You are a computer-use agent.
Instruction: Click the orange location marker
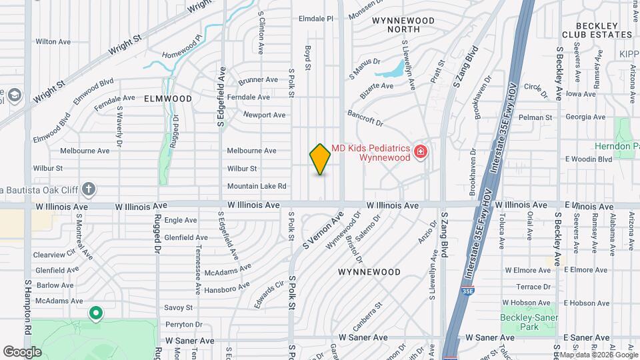tap(320, 159)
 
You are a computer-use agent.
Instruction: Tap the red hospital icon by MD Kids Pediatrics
tap(420, 153)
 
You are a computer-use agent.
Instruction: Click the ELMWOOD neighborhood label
tap(167, 99)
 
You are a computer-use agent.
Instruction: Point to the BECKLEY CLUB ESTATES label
tap(597, 29)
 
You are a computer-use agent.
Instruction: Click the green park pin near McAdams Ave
tap(95, 312)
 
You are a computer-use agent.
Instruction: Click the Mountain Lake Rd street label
tap(257, 186)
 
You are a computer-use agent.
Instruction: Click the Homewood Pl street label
tap(181, 47)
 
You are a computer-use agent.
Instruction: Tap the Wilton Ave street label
tap(53, 41)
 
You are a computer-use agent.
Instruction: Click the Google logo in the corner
tap(22, 351)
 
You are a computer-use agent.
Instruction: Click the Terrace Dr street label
tap(536, 287)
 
